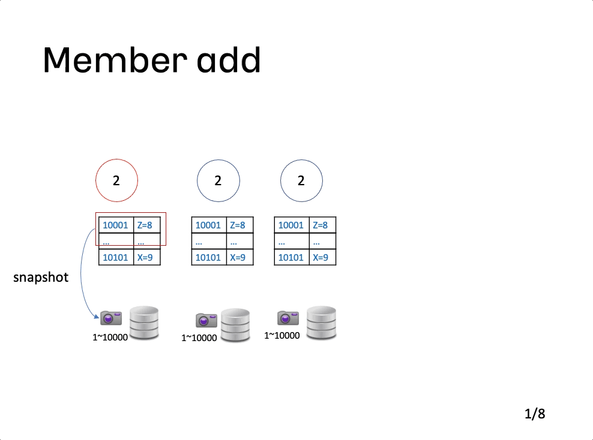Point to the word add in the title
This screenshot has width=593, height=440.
click(x=229, y=60)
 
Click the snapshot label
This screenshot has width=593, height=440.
click(x=41, y=278)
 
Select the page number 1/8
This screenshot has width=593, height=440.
click(x=535, y=414)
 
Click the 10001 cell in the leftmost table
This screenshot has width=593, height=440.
click(x=116, y=225)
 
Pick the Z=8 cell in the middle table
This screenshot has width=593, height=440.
click(x=239, y=225)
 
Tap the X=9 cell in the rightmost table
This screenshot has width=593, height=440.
click(x=322, y=257)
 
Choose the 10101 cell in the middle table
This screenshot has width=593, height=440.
click(x=209, y=257)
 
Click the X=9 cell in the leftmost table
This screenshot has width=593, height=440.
click(x=147, y=257)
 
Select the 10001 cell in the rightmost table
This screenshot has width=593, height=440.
click(x=292, y=225)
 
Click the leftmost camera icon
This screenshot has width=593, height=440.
click(x=111, y=318)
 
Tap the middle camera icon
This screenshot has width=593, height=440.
click(x=206, y=320)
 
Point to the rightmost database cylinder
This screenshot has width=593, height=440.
click(x=321, y=323)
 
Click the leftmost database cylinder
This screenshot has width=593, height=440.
click(x=144, y=323)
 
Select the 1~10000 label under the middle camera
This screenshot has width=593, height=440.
click(x=199, y=338)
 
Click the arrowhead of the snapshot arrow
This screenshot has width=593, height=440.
click(x=97, y=317)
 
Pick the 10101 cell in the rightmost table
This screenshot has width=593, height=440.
click(x=292, y=257)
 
